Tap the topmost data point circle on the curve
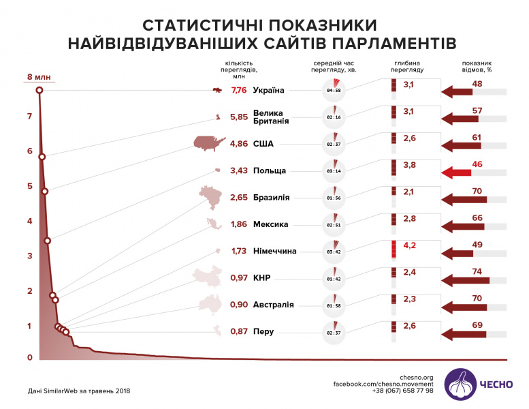pos(39,90)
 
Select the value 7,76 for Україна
pos(239,90)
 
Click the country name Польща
pos(269,170)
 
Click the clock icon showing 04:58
pos(334,90)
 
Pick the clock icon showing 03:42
pos(334,251)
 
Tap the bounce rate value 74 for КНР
pos(477,271)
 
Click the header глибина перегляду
pos(409,66)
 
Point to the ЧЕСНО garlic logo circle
pos(461,384)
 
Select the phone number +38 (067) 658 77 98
pos(402,391)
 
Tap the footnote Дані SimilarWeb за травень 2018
pos(70,391)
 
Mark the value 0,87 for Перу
pos(239,331)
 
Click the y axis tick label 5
pos(29,186)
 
